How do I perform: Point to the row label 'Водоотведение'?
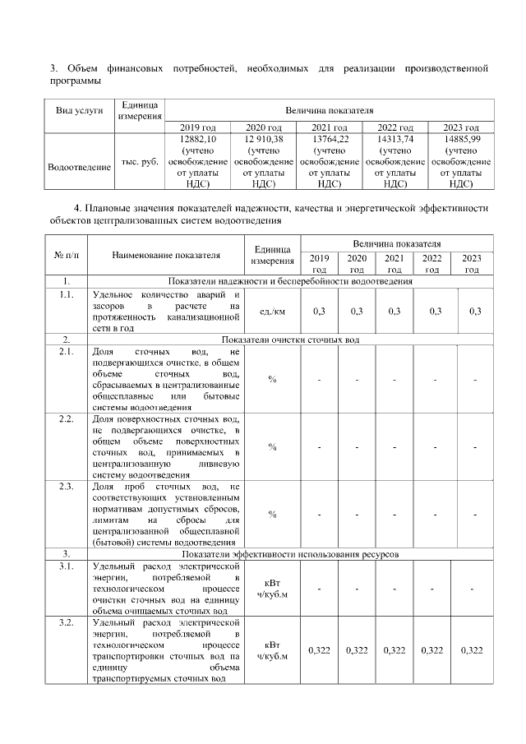click(80, 168)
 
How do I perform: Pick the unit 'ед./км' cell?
click(272, 311)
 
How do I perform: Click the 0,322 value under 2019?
click(319, 650)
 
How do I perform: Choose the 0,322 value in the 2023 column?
click(472, 650)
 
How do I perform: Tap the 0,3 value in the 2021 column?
click(394, 311)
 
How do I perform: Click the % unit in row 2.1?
click(272, 379)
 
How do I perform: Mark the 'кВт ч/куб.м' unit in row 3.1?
click(272, 588)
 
